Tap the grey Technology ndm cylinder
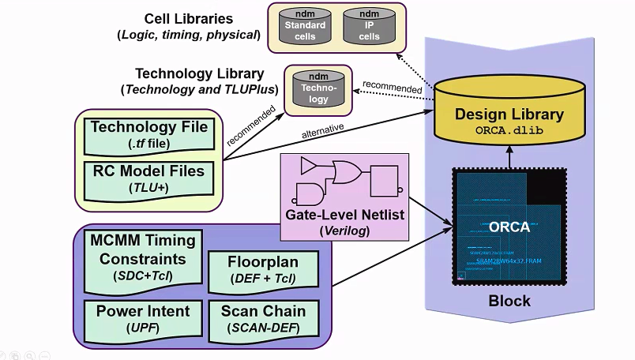click(317, 90)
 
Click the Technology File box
click(149, 135)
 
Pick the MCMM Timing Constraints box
click(137, 259)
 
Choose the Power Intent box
click(137, 318)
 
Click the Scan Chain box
click(263, 318)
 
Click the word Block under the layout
click(509, 301)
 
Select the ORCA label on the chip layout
click(509, 227)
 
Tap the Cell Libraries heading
click(189, 18)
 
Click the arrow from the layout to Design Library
click(509, 158)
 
